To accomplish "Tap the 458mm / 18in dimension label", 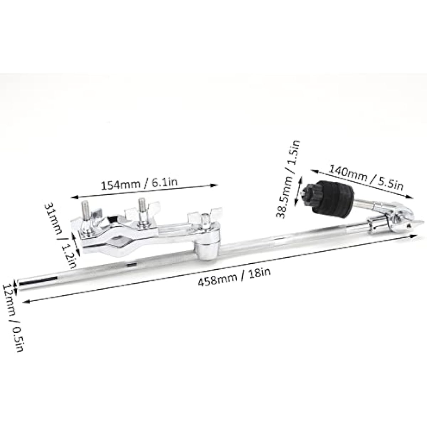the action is [234, 277].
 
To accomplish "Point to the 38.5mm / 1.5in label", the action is [288, 179].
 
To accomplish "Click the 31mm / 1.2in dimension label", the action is [61, 236].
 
